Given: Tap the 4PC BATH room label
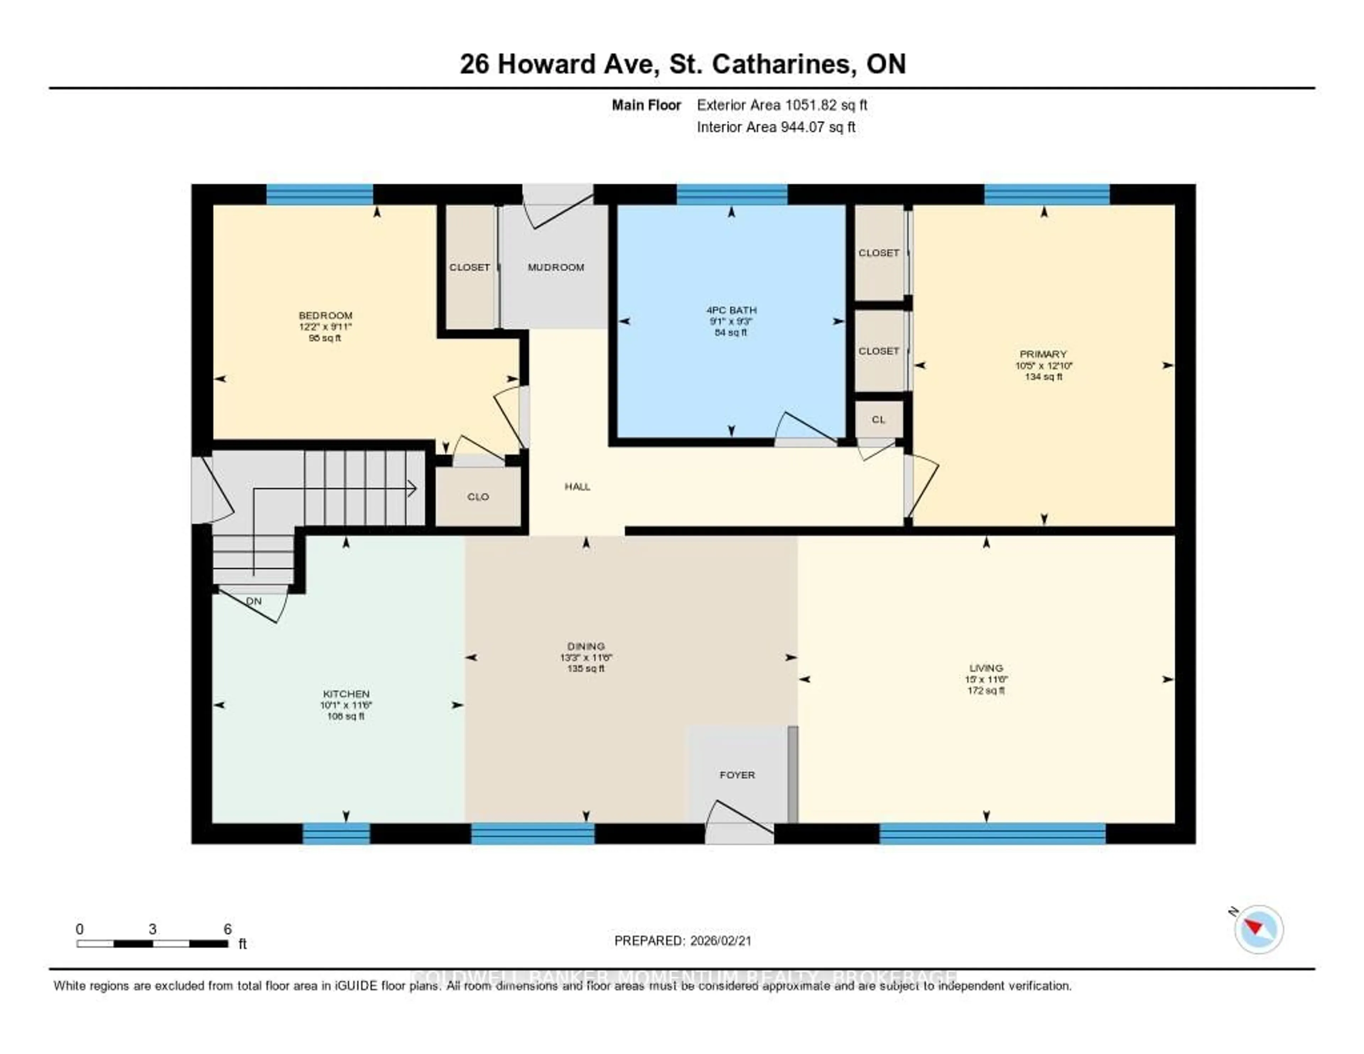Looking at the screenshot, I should pos(731,310).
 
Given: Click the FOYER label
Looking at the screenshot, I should pos(737,775).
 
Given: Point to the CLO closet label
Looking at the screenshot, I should pos(478,497).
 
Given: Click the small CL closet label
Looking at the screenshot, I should pos(878,420).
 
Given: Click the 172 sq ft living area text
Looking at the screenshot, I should pos(986,690).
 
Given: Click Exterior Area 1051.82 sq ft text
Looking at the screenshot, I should pos(782,105).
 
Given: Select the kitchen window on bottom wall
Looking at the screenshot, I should pos(336,833).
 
